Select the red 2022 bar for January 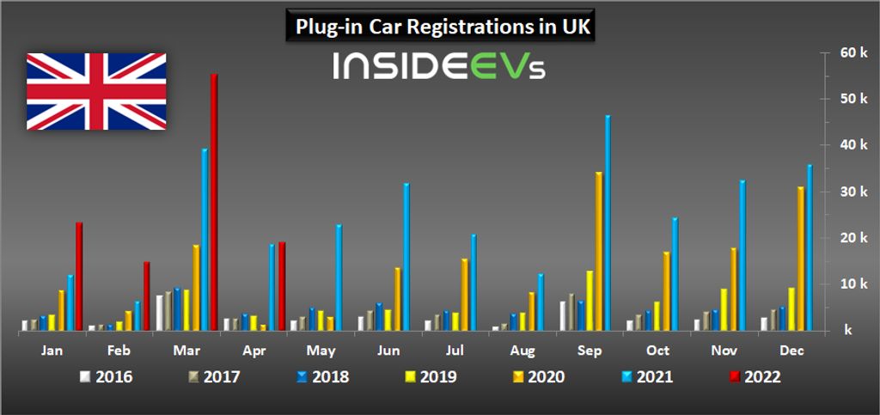[x=79, y=276]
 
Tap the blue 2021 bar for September [x=608, y=223]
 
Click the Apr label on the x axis [x=252, y=351]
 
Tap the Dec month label [x=791, y=351]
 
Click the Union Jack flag [x=96, y=91]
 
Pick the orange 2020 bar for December [x=801, y=258]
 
